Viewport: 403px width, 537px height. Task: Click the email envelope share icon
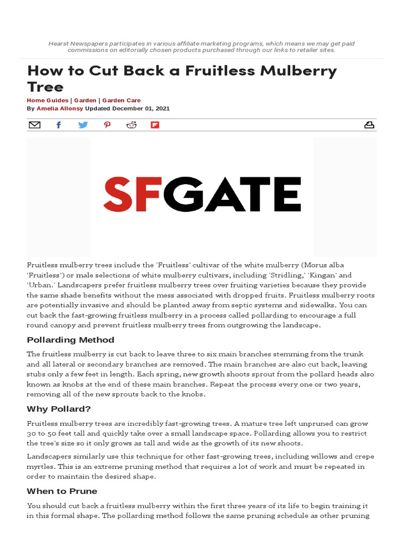[34, 125]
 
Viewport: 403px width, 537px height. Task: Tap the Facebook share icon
[59, 125]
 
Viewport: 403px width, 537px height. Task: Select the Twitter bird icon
[83, 125]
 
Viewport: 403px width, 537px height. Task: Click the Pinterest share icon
[107, 125]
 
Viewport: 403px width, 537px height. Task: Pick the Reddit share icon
[131, 125]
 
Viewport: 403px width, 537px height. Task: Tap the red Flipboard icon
[155, 125]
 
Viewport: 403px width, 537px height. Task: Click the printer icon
[369, 125]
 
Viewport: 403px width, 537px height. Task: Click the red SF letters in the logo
[133, 194]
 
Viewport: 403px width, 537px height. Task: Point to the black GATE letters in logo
[232, 194]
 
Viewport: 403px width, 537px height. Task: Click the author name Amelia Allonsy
[60, 109]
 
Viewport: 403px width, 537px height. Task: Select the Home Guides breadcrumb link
[47, 100]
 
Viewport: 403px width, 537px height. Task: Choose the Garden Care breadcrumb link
[121, 100]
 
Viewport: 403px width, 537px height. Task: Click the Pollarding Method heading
[70, 340]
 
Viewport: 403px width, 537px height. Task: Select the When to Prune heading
[62, 491]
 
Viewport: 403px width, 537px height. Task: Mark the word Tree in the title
[45, 87]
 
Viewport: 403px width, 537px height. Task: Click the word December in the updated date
[122, 109]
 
